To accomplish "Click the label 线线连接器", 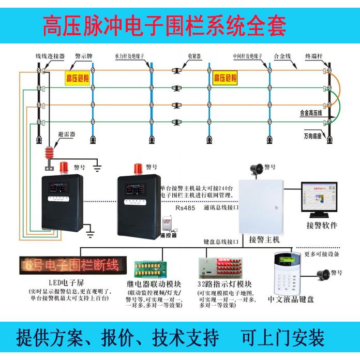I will (x=50, y=55).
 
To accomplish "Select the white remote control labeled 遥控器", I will (x=167, y=223).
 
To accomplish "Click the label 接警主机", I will (x=264, y=240).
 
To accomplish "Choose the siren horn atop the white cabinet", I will (x=256, y=169).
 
